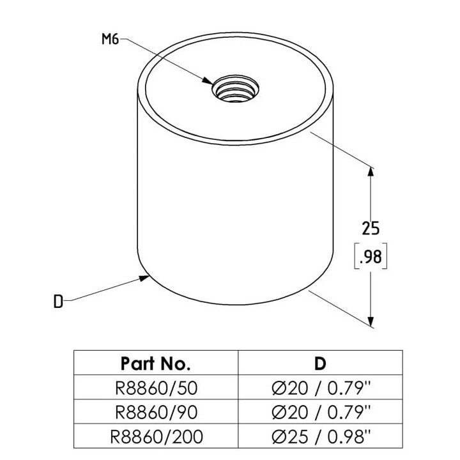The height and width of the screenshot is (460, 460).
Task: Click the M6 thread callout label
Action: pyautogui.click(x=111, y=39)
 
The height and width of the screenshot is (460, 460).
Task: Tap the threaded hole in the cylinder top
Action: pyautogui.click(x=235, y=88)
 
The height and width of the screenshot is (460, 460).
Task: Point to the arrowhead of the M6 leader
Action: pyautogui.click(x=207, y=80)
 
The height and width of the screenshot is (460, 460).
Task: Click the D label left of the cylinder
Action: pyautogui.click(x=58, y=302)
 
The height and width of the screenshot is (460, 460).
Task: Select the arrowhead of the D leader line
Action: pyautogui.click(x=144, y=278)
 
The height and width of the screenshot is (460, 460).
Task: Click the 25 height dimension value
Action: pyautogui.click(x=371, y=228)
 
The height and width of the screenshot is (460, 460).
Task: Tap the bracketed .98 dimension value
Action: pyautogui.click(x=371, y=256)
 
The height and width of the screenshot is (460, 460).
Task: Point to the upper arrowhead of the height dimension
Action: pyautogui.click(x=371, y=172)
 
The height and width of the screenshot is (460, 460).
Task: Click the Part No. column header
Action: pyautogui.click(x=155, y=364)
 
